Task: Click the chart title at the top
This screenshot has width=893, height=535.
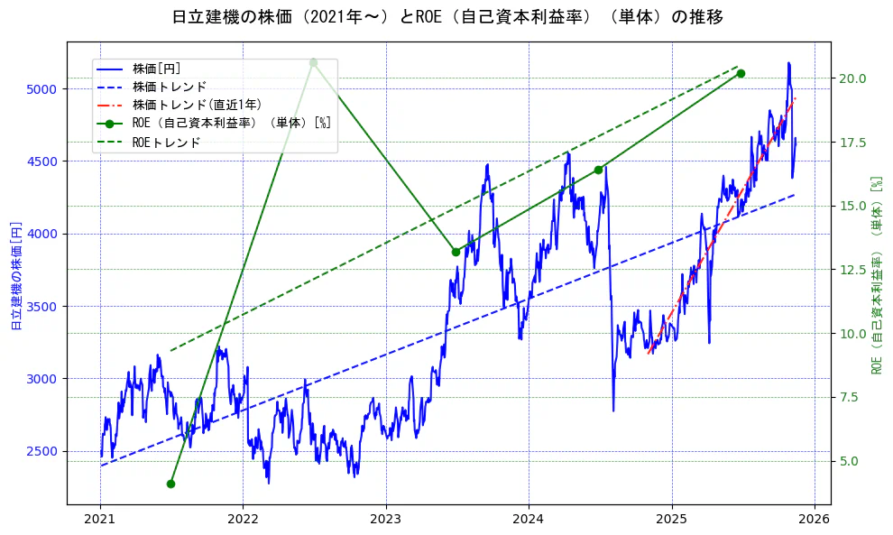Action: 446,17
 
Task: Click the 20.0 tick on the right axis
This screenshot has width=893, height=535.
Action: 851,78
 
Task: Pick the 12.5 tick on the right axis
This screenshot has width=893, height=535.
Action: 851,270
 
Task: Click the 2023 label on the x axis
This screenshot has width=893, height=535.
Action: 386,519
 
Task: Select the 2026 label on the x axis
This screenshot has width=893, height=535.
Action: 815,519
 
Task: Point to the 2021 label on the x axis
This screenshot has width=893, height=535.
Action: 100,519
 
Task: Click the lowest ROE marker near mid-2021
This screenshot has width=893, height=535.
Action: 170,484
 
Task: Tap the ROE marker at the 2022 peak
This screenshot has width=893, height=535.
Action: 313,62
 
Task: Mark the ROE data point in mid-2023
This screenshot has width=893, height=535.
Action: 456,252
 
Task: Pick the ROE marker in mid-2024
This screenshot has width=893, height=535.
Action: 598,170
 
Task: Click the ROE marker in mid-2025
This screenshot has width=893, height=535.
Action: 741,73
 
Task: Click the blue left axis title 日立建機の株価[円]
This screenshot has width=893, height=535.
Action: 15,275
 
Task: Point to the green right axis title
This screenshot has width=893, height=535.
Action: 875,275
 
